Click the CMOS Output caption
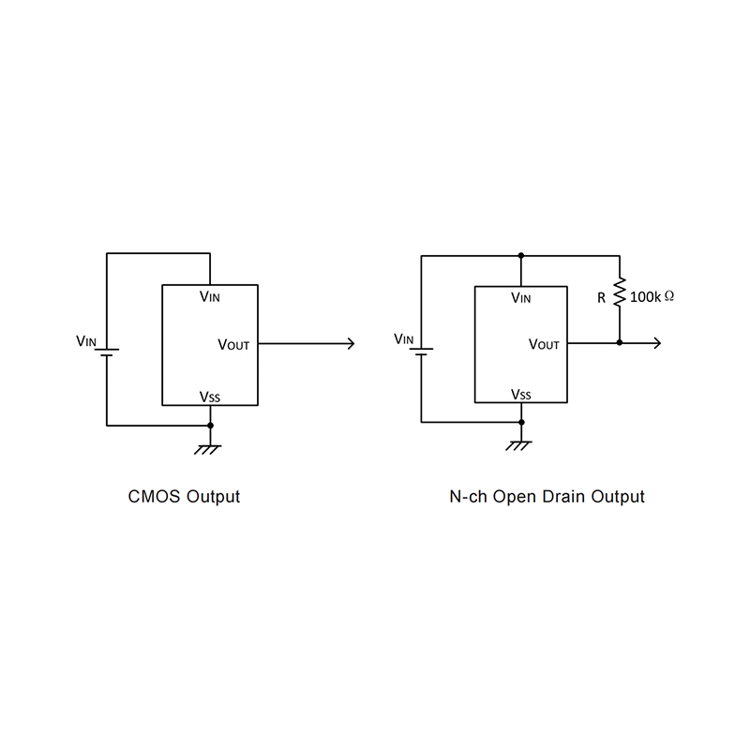184,497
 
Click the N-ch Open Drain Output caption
547,497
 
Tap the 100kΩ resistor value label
652,296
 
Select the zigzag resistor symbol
619,293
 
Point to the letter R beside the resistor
601,297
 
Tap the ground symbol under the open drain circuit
520,444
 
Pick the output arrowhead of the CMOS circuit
351,344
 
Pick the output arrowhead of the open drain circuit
657,343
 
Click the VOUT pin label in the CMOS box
233,345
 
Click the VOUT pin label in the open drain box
544,344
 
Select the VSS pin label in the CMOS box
209,397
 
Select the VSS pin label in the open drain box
520,395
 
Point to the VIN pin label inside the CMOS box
211,296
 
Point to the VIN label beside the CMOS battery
86,341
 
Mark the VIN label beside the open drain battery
403,338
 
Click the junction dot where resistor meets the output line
620,343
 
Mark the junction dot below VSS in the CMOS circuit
210,426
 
